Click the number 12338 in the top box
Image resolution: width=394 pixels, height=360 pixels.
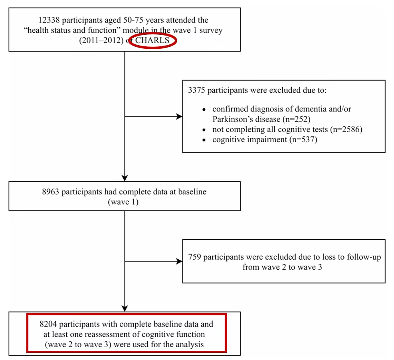pyautogui.click(x=49, y=20)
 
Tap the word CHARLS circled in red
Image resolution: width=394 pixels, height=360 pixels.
pyautogui.click(x=152, y=40)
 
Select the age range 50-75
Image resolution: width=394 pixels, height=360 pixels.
pyautogui.click(x=133, y=20)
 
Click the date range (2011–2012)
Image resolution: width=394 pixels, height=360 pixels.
pyautogui.click(x=101, y=40)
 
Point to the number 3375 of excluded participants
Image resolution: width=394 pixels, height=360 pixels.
pyautogui.click(x=196, y=90)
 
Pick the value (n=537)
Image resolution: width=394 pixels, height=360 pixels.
pyautogui.click(x=303, y=139)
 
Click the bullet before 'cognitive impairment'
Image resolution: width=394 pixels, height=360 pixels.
pyautogui.click(x=204, y=140)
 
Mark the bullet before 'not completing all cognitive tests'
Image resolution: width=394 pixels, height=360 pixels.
pyautogui.click(x=204, y=130)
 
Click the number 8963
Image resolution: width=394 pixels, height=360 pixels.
pyautogui.click(x=50, y=192)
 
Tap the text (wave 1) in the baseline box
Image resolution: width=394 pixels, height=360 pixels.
pyautogui.click(x=123, y=202)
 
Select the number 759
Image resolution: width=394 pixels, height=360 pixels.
pyautogui.click(x=194, y=257)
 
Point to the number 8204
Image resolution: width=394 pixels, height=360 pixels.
pyautogui.click(x=48, y=324)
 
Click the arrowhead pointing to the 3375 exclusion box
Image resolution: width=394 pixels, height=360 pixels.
pyautogui.click(x=179, y=117)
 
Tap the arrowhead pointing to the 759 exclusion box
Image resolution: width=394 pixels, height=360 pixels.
pyautogui.click(x=179, y=261)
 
